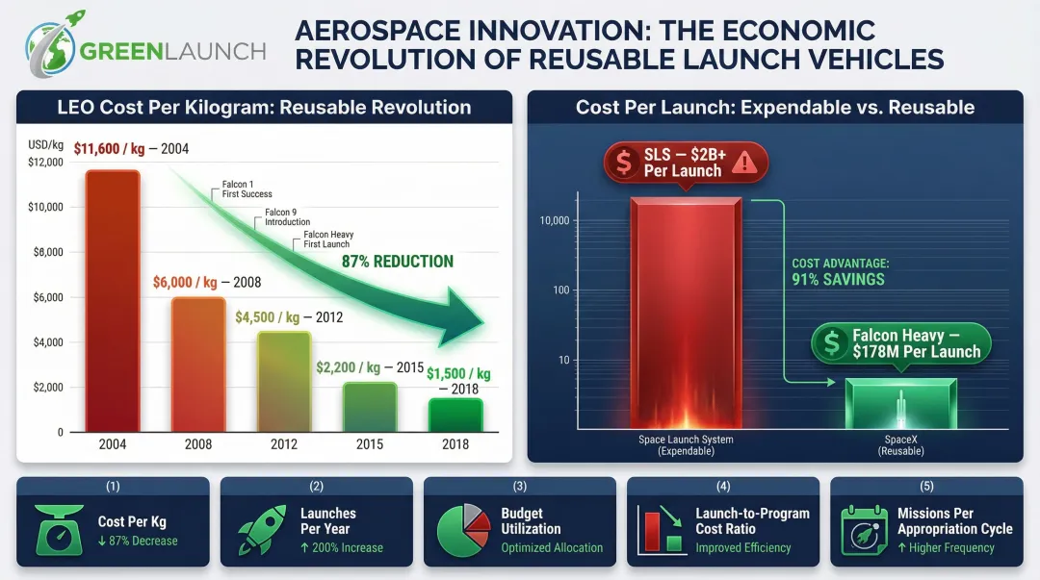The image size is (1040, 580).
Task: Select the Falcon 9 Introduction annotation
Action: point(287,216)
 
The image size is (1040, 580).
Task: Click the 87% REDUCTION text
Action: point(397,262)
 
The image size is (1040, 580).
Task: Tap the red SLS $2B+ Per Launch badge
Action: point(685,163)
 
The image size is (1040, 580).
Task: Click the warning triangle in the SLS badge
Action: point(744,164)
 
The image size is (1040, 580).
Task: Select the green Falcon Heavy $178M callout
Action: point(900,343)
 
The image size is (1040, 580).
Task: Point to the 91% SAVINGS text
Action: point(838,280)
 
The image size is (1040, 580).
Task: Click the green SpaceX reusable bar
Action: point(901,404)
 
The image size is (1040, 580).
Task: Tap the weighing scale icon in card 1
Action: point(60,530)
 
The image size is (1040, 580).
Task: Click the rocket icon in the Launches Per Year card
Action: point(262,530)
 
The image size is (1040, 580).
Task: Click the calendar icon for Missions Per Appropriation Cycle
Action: point(865,530)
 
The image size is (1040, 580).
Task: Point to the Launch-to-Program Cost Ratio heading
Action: point(752,521)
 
